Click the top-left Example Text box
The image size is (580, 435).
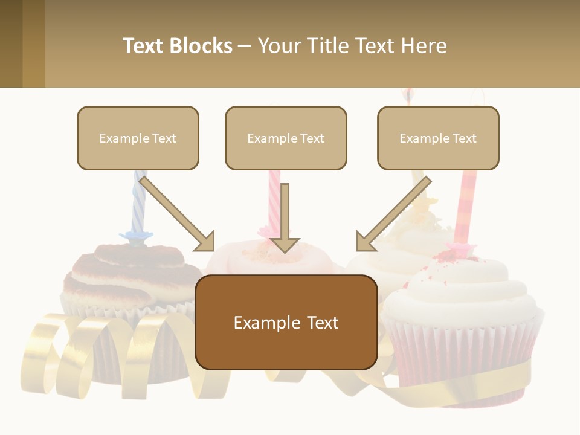(138, 138)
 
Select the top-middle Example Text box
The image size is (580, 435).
(286, 138)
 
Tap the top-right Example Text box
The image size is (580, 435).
(438, 138)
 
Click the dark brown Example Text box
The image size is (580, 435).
(286, 322)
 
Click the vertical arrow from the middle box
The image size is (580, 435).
(285, 217)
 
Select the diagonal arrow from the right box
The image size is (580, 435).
(393, 214)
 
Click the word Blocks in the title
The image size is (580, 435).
(201, 46)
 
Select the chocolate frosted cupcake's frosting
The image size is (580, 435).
(121, 272)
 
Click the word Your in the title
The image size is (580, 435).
(280, 46)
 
